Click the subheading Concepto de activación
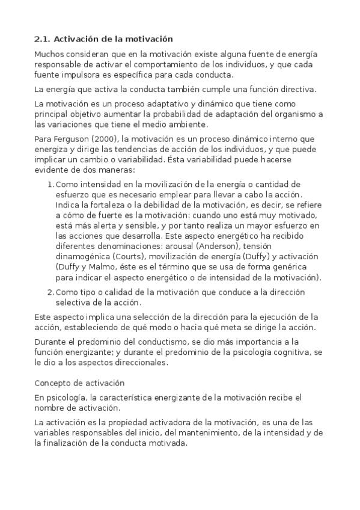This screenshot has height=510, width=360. click(x=79, y=382)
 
